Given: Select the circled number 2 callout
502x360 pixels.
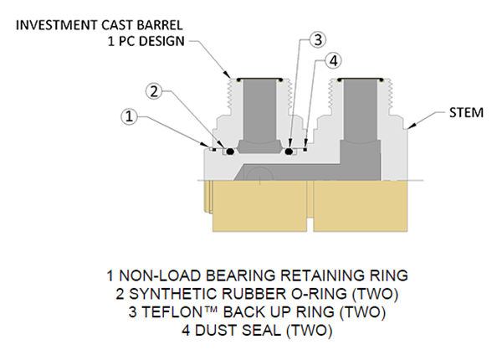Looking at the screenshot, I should coord(152,90).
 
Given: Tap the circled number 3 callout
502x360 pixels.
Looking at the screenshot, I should coord(316,39).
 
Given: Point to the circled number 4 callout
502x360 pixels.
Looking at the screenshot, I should coord(334,60).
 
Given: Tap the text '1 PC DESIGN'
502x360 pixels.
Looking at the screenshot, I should coord(147,41).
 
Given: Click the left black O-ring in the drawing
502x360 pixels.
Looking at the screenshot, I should coord(228,152).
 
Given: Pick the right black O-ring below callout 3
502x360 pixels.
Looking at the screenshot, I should coord(289,152).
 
